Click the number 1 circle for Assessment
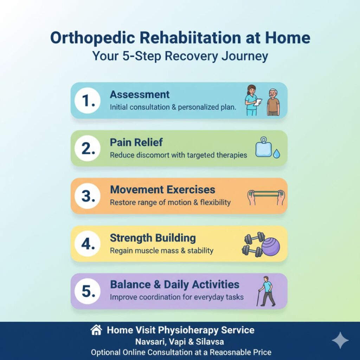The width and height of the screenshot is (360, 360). tap(87, 101)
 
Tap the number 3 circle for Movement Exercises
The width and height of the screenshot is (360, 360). tap(87, 196)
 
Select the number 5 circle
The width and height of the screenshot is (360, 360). tap(87, 291)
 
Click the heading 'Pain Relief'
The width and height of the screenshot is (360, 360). tap(136, 142)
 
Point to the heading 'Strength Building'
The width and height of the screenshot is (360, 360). tap(153, 238)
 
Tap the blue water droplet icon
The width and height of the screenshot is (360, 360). tap(277, 154)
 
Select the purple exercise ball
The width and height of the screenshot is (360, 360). tap(270, 246)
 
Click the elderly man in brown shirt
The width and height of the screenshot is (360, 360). tap(273, 102)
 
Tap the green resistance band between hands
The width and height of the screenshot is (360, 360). tap(266, 193)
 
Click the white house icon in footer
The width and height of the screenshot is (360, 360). tap(96, 330)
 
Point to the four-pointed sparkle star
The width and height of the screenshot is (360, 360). tap(340, 340)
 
